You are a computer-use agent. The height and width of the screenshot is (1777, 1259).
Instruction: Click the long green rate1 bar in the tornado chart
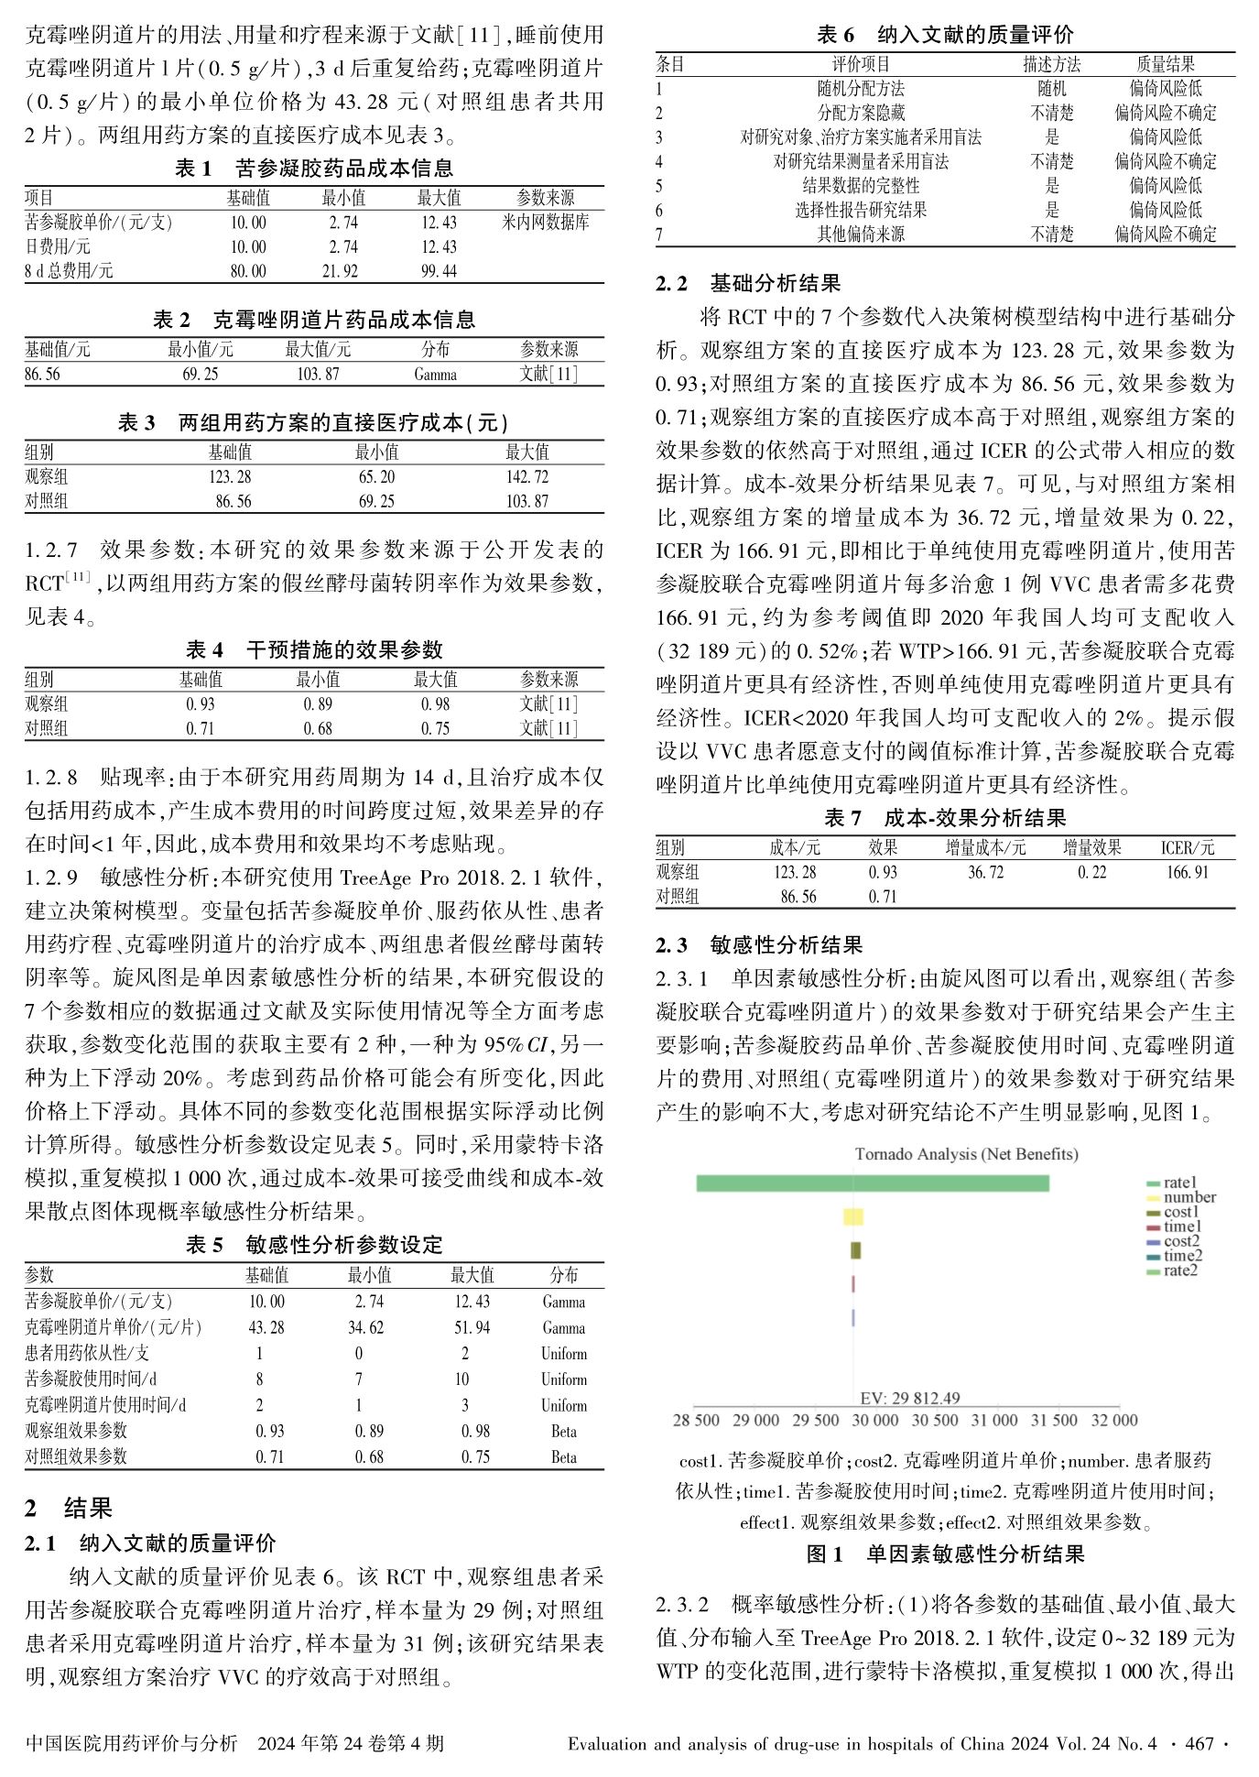[x=872, y=1183]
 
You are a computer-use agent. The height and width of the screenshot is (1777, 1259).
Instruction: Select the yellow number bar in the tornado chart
[x=852, y=1216]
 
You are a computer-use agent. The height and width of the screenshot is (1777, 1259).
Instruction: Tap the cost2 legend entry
[x=1181, y=1241]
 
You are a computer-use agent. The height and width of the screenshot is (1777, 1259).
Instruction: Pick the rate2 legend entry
[x=1180, y=1270]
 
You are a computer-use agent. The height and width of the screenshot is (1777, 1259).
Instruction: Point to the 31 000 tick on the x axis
[x=993, y=1420]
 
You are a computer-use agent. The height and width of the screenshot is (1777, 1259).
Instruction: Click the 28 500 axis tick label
[x=696, y=1420]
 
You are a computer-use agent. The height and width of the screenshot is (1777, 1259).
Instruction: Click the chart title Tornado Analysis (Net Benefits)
[x=966, y=1154]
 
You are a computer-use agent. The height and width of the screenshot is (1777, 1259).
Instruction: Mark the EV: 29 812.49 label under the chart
[x=909, y=1398]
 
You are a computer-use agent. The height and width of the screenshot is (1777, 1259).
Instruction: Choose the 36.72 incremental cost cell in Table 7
[x=985, y=872]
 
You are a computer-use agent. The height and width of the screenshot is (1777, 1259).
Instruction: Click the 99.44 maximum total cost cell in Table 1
[x=439, y=271]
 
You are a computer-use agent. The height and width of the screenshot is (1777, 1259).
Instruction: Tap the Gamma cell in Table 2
[x=435, y=374]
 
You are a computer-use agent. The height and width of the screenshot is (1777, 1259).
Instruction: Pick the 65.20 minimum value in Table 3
[x=376, y=476]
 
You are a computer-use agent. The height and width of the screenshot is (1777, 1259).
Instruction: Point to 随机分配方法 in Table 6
[x=860, y=89]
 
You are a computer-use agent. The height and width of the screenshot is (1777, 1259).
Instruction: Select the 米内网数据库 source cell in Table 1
[x=545, y=222]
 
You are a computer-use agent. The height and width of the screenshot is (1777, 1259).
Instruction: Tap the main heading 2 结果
[x=69, y=1509]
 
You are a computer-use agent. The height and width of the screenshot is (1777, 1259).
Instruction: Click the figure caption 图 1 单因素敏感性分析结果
[x=945, y=1554]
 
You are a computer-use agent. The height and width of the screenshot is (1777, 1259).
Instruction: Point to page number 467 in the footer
[x=1199, y=1743]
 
